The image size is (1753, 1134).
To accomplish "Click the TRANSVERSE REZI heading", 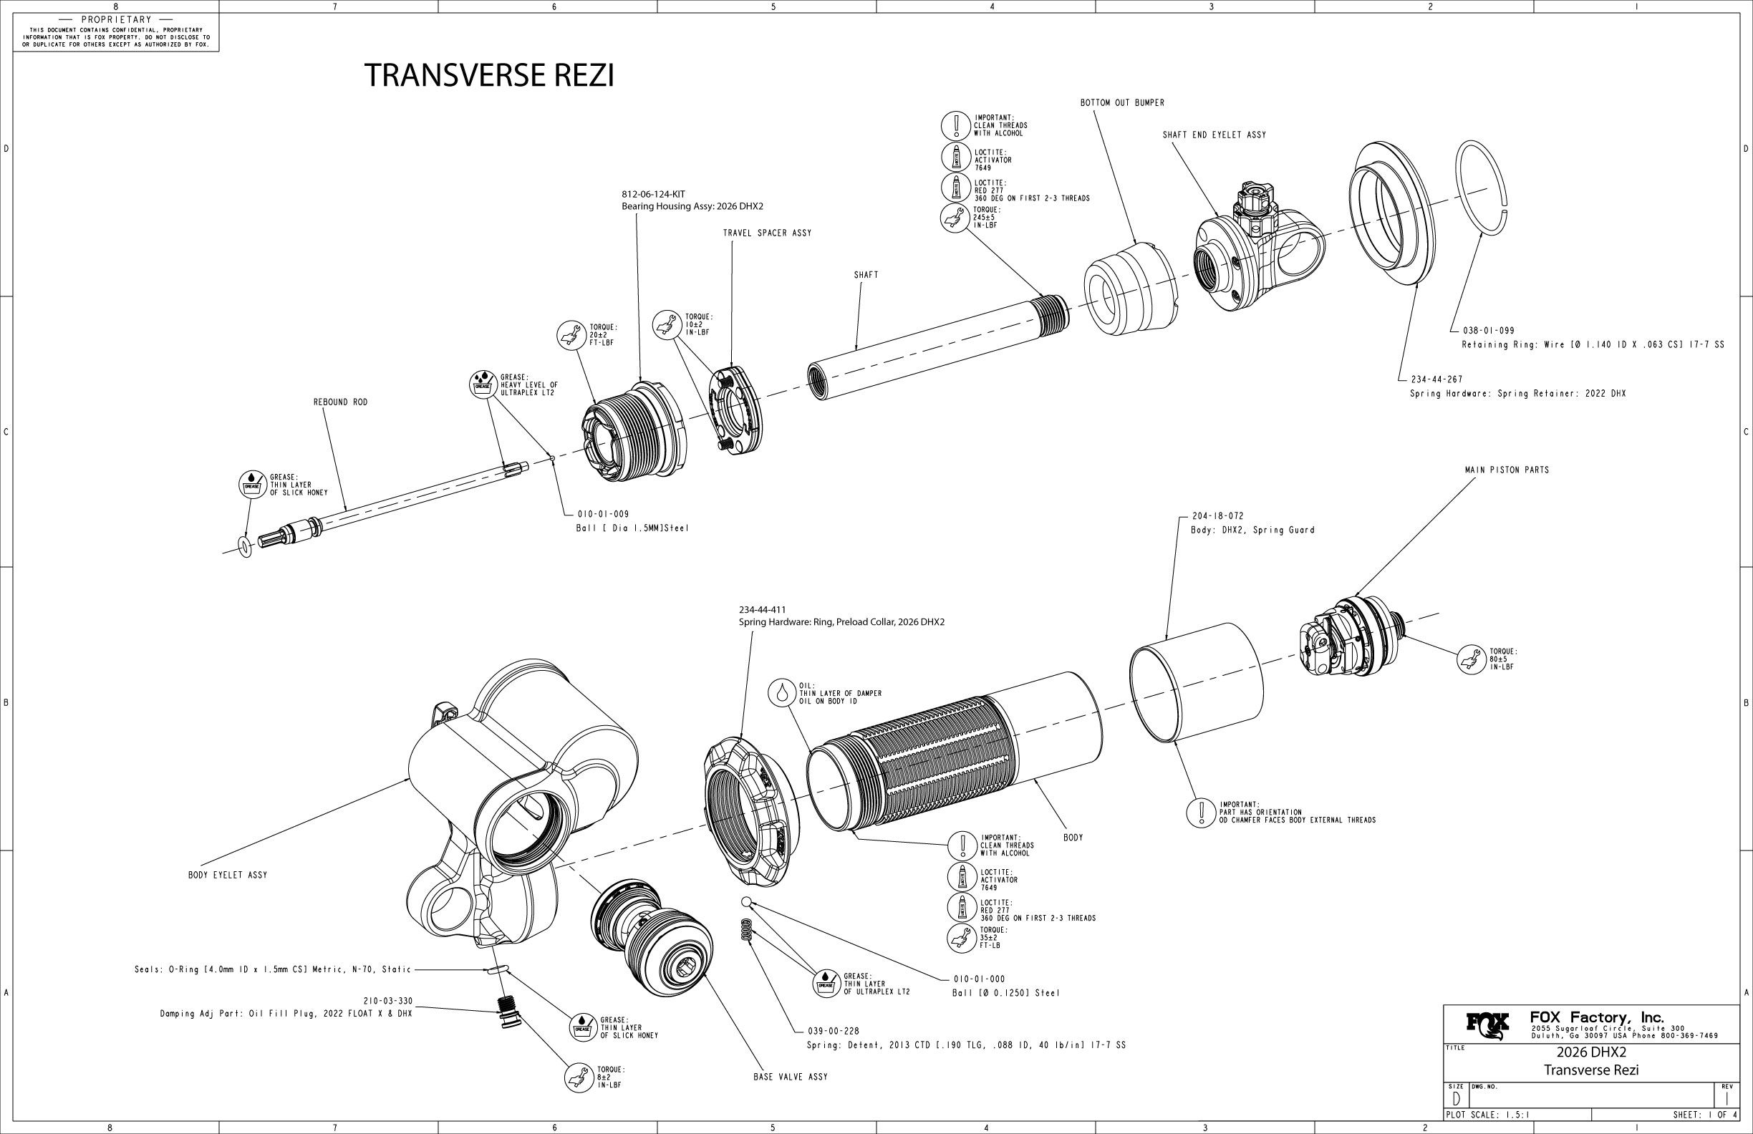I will coord(489,75).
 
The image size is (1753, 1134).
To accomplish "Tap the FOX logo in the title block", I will coord(1487,1024).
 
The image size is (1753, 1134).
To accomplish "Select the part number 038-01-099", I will coord(1489,331).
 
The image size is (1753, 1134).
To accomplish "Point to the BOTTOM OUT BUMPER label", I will coord(1122,103).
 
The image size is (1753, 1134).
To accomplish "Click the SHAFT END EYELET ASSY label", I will coord(1214,135).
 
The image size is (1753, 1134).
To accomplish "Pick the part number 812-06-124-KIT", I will coord(653,195).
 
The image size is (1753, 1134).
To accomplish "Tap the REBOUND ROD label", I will coord(340,403).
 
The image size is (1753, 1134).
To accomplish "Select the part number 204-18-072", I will coord(1217,516).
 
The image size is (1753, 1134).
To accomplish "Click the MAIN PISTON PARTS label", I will coord(1506,470).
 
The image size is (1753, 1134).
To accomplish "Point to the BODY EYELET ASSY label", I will coord(228,876).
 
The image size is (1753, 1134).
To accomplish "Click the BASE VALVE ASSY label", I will coord(791,1077).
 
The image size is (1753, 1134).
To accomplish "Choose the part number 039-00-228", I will coord(834,1031).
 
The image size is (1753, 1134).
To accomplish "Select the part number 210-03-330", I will coord(387,1001).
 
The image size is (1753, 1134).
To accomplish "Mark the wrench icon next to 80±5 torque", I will coord(1471,659).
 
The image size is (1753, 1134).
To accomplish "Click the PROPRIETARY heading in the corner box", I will coord(117,19).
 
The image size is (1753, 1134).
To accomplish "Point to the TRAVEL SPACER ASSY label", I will coord(767,233).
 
